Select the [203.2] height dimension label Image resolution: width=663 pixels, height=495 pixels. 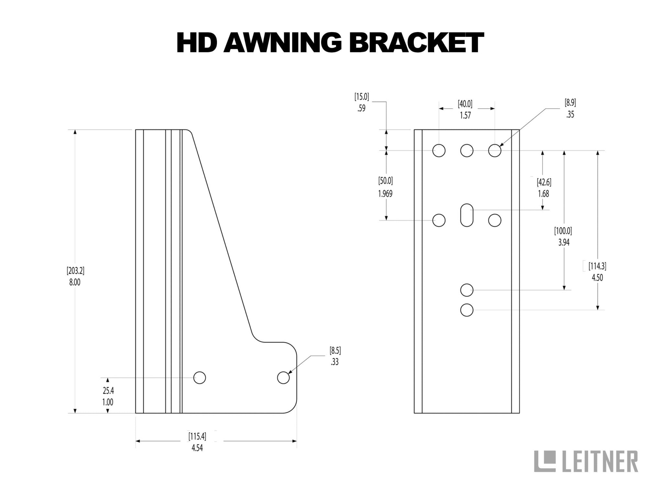[x=75, y=270]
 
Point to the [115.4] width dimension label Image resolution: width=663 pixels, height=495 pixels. [x=197, y=436]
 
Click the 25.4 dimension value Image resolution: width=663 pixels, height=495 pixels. [x=108, y=391]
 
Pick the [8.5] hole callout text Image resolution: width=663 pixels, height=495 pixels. [x=335, y=350]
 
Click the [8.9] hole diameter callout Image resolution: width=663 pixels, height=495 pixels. [x=570, y=103]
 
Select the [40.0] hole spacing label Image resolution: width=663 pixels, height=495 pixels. [x=465, y=104]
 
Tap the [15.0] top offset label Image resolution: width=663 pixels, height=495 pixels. [x=362, y=96]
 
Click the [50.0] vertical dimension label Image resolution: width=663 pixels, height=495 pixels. [x=385, y=181]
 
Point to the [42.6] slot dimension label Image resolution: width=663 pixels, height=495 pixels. [x=544, y=182]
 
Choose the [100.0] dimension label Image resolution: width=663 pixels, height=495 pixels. [x=563, y=231]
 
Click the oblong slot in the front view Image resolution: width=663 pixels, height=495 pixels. [x=466, y=215]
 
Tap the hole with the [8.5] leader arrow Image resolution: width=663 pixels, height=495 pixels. [x=283, y=378]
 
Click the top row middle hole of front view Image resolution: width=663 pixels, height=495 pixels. [x=466, y=150]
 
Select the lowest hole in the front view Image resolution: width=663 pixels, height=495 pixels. [x=466, y=310]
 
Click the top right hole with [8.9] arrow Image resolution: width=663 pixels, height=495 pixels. [x=494, y=150]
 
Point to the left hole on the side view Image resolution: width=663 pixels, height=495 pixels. [x=199, y=378]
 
